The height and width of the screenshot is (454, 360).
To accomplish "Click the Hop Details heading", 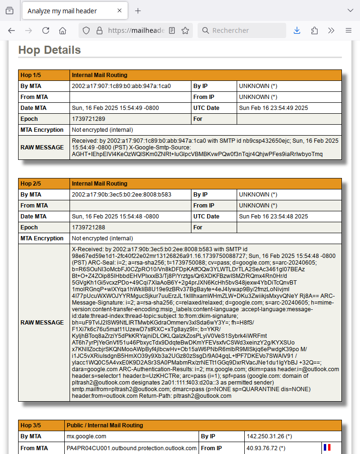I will pyautogui.click(x=50, y=50).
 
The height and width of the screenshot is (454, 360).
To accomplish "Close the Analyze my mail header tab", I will pyautogui.click(x=120, y=10).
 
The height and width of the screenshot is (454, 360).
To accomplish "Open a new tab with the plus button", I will pyautogui.click(x=138, y=10).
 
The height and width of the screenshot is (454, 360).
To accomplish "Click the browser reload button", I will pyautogui.click(x=46, y=30).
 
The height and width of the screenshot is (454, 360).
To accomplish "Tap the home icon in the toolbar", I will pyautogui.click(x=62, y=30).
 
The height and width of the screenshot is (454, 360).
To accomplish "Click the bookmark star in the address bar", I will pyautogui.click(x=185, y=30).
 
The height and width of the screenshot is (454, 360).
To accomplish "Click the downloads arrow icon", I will pyautogui.click(x=297, y=30).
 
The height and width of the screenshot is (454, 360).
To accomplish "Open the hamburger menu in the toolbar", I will pyautogui.click(x=349, y=30).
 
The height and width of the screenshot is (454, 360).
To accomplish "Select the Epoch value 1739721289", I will pyautogui.click(x=89, y=119).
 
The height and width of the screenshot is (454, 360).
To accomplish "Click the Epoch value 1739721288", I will pyautogui.click(x=89, y=227).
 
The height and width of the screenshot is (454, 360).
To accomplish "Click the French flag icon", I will pyautogui.click(x=327, y=447).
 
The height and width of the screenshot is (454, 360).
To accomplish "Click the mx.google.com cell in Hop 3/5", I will pyautogui.click(x=86, y=436).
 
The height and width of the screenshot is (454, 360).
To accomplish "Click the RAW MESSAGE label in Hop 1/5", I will pyautogui.click(x=42, y=148).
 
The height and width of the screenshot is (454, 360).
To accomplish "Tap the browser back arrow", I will pyautogui.click(x=11, y=30).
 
